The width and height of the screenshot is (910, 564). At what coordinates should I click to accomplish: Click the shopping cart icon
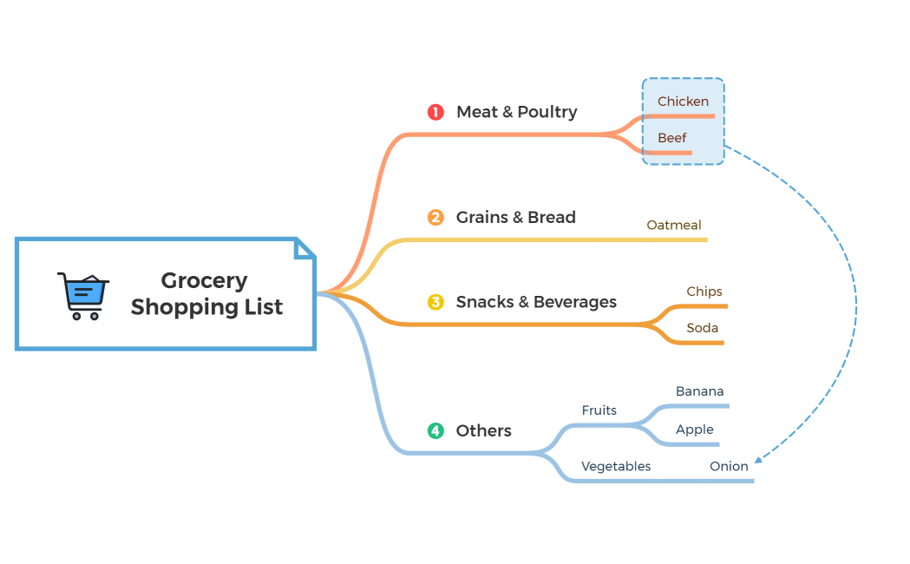click(x=83, y=296)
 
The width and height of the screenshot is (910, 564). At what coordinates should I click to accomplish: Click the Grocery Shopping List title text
click(x=206, y=294)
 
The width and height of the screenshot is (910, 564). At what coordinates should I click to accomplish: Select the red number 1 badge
click(x=435, y=112)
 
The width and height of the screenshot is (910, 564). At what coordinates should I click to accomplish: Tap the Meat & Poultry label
click(x=516, y=112)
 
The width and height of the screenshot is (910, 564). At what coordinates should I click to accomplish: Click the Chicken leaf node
click(x=683, y=102)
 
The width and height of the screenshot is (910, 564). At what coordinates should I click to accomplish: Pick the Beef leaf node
click(x=671, y=138)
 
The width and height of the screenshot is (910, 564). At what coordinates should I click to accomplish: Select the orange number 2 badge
click(x=435, y=218)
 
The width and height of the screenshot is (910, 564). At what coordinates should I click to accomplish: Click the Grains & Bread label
click(x=515, y=218)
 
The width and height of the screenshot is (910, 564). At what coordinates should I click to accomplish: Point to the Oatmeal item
click(x=674, y=226)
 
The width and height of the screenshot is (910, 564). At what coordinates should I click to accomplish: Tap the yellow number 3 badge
click(x=435, y=302)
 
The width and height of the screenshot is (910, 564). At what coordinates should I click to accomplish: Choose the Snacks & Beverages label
click(x=536, y=302)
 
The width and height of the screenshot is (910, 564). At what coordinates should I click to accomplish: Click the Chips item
click(x=704, y=292)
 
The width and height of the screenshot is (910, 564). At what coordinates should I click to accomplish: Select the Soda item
click(x=702, y=329)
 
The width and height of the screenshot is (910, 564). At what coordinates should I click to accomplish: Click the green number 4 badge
click(x=435, y=430)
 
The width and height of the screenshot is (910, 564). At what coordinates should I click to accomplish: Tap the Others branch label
click(x=483, y=430)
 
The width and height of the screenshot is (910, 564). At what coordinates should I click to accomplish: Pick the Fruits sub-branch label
click(x=599, y=410)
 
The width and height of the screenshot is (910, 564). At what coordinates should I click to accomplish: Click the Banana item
click(x=699, y=391)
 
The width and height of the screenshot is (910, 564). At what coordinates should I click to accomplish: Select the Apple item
click(x=694, y=430)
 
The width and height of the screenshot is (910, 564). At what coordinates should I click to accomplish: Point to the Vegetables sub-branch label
click(x=616, y=467)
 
